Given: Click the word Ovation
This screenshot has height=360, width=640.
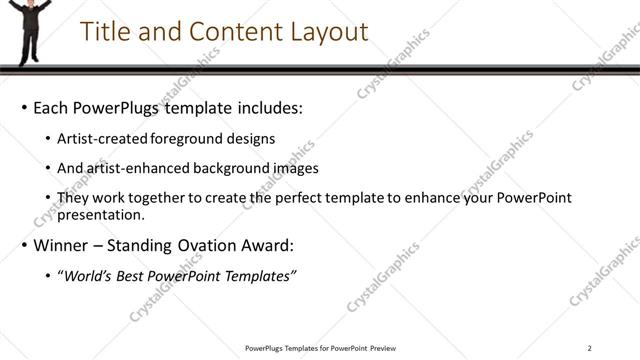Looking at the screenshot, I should tap(208, 245).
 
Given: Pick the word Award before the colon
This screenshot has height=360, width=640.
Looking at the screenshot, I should tap(268, 245).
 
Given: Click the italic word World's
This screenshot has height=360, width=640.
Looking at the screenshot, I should tap(89, 275).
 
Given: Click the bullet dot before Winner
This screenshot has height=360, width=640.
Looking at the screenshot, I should tap(24, 245).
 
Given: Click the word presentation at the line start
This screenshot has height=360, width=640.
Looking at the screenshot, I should tap(101, 214).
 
